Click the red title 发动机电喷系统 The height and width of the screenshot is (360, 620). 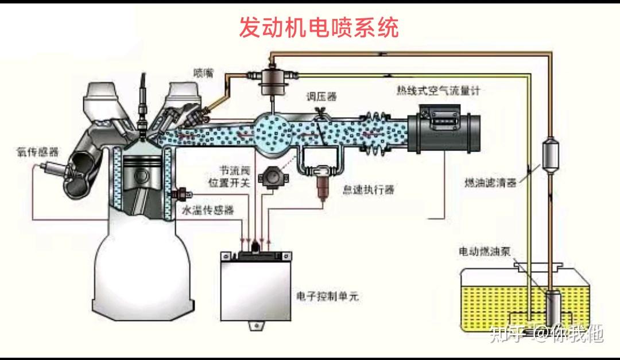click(x=319, y=28)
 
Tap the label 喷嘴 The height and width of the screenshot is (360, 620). click(x=204, y=72)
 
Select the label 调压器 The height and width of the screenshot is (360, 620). click(x=321, y=96)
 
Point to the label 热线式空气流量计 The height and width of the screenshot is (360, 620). click(x=438, y=91)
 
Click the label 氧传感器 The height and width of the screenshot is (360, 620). click(x=37, y=152)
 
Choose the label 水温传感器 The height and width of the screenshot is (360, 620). click(x=208, y=210)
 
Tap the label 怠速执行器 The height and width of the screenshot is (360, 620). click(x=369, y=189)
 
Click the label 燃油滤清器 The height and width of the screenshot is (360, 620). click(x=490, y=183)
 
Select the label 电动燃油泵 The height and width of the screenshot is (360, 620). click(x=485, y=251)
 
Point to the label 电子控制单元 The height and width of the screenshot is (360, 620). click(x=327, y=296)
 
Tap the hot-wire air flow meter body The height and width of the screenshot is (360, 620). click(x=444, y=128)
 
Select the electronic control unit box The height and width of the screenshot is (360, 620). click(x=256, y=286)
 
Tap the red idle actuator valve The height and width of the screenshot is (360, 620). click(x=322, y=186)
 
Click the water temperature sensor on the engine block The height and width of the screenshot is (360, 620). click(x=182, y=194)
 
